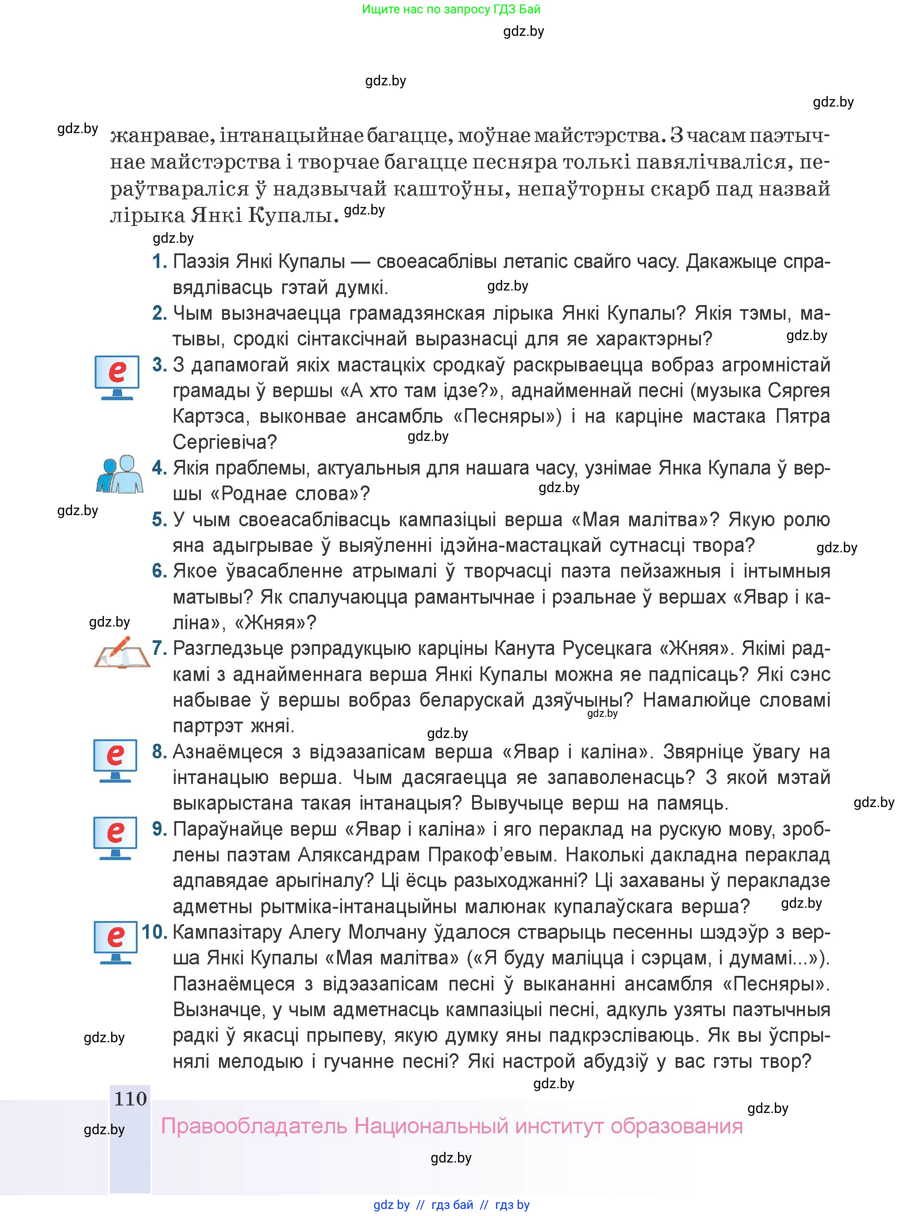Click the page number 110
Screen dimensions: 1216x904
130,1098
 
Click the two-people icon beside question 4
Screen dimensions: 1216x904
120,474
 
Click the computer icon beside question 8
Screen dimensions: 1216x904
115,761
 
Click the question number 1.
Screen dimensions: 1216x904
159,261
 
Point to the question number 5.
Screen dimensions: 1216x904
159,520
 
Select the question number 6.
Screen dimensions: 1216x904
159,571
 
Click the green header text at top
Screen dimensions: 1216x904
451,9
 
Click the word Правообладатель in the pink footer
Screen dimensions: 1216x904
254,1126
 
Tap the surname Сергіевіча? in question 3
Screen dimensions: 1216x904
225,442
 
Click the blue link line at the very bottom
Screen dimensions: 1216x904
451,1205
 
